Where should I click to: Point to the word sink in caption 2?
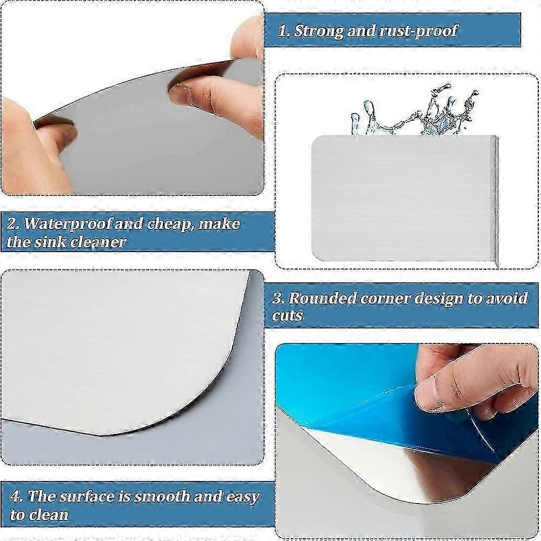(x=58, y=242)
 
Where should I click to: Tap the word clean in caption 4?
(x=47, y=514)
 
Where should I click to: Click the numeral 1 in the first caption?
(x=282, y=31)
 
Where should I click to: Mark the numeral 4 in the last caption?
(x=16, y=497)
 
